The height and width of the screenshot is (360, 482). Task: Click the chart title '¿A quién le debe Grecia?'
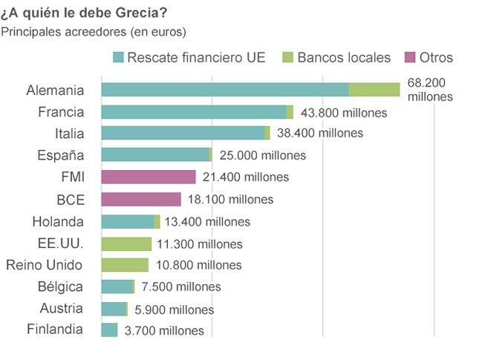[x=83, y=13]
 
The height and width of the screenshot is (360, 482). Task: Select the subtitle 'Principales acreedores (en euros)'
[x=94, y=31]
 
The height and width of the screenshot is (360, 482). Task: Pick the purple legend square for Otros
[x=410, y=58]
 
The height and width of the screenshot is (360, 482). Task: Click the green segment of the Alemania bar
[x=374, y=90]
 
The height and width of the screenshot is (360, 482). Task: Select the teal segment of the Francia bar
[x=193, y=112]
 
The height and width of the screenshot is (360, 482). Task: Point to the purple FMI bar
[x=148, y=177]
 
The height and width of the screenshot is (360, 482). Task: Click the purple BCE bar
[x=140, y=199]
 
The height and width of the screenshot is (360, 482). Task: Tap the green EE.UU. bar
[x=126, y=243]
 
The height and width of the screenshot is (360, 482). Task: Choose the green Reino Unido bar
[x=124, y=265]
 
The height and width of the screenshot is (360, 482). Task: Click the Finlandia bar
[x=109, y=330]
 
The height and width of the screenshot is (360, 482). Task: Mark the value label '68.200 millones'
[x=430, y=90]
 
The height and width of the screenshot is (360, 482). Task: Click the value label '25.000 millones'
[x=262, y=155]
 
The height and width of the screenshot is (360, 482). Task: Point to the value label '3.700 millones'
[x=163, y=330]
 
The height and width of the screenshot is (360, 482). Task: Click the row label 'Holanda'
[x=58, y=221]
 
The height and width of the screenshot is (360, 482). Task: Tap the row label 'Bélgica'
[x=60, y=287]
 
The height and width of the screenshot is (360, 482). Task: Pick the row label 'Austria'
[x=62, y=308]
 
